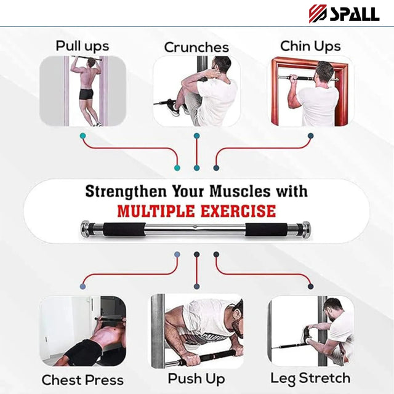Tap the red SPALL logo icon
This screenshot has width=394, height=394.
tap(319, 13)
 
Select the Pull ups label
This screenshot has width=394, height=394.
tap(82, 46)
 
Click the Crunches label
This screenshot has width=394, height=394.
tap(196, 47)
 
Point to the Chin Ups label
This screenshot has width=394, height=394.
tap(310, 46)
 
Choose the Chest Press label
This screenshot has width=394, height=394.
tap(82, 380)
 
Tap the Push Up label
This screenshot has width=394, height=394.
tap(196, 378)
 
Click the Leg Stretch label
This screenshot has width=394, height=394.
tap(310, 378)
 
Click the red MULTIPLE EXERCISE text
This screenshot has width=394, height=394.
tap(196, 212)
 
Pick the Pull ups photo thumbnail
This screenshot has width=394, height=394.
tap(82, 92)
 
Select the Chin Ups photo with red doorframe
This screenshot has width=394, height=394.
tap(310, 92)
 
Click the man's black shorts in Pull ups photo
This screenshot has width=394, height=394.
tap(87, 94)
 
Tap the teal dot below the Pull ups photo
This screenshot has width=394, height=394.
tap(82, 135)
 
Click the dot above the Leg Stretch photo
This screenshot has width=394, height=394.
tap(310, 286)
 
